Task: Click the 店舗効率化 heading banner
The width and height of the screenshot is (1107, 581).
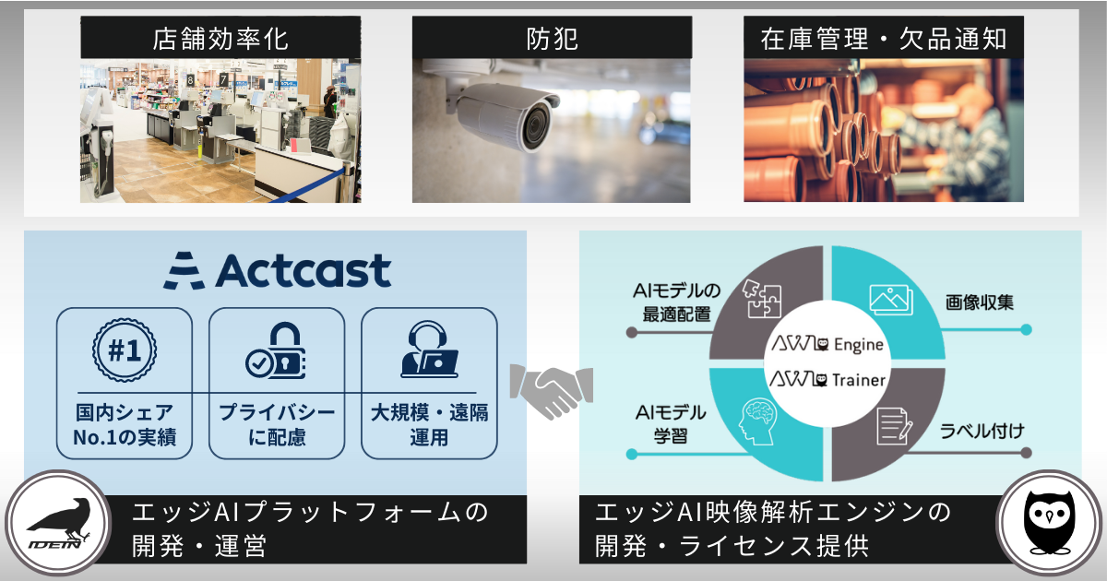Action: click(220, 39)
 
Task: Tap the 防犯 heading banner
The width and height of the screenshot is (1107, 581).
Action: click(552, 39)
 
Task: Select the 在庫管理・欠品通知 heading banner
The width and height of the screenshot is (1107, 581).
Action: click(883, 39)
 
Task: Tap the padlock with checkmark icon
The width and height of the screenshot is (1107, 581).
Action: click(276, 350)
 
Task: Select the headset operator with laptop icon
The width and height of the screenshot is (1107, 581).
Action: click(429, 350)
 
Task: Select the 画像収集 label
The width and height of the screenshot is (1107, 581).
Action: click(979, 302)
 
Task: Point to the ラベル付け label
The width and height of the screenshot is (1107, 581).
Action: click(979, 431)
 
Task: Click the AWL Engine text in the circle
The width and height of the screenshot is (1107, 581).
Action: click(827, 345)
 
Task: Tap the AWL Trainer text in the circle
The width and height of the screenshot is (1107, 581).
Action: click(827, 379)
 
